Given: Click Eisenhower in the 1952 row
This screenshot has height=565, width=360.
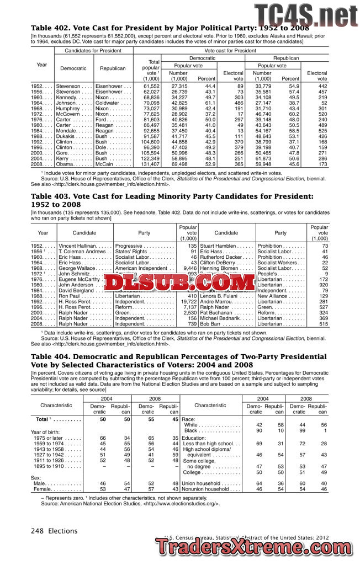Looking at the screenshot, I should pyautogui.click(x=112, y=87).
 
